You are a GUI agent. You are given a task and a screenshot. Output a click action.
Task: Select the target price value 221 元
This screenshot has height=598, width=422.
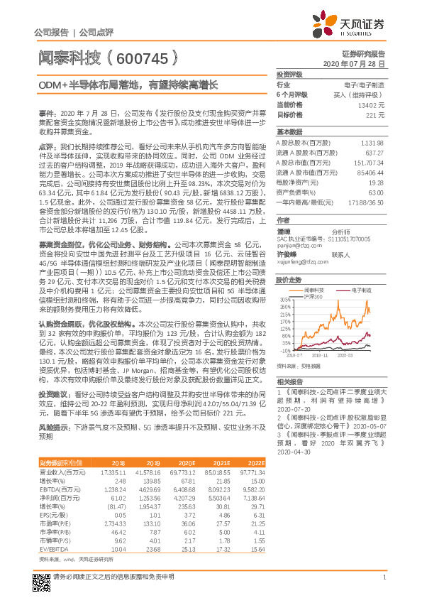[x=375, y=114]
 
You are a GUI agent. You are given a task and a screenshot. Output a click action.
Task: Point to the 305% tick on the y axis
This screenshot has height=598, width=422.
[x=284, y=300]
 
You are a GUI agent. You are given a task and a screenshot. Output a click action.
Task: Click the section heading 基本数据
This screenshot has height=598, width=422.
[x=289, y=132]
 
